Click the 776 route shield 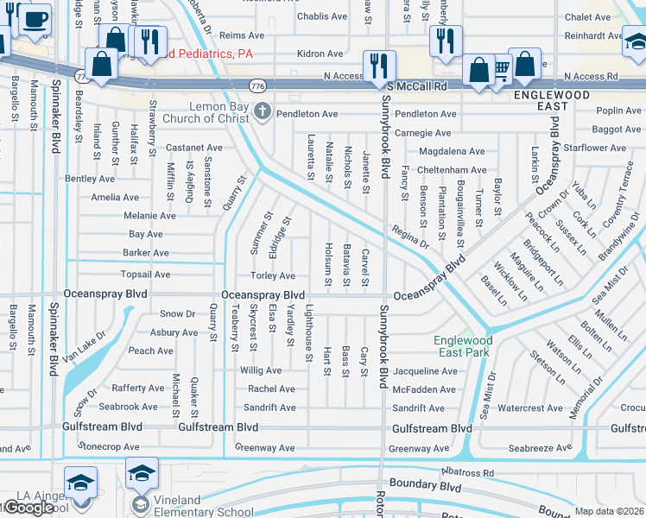[257, 86]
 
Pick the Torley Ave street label [273, 276]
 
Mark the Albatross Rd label [465, 473]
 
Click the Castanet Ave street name [195, 148]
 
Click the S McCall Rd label [418, 86]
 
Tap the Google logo [28, 508]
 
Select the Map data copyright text [610, 511]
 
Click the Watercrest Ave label [530, 408]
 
